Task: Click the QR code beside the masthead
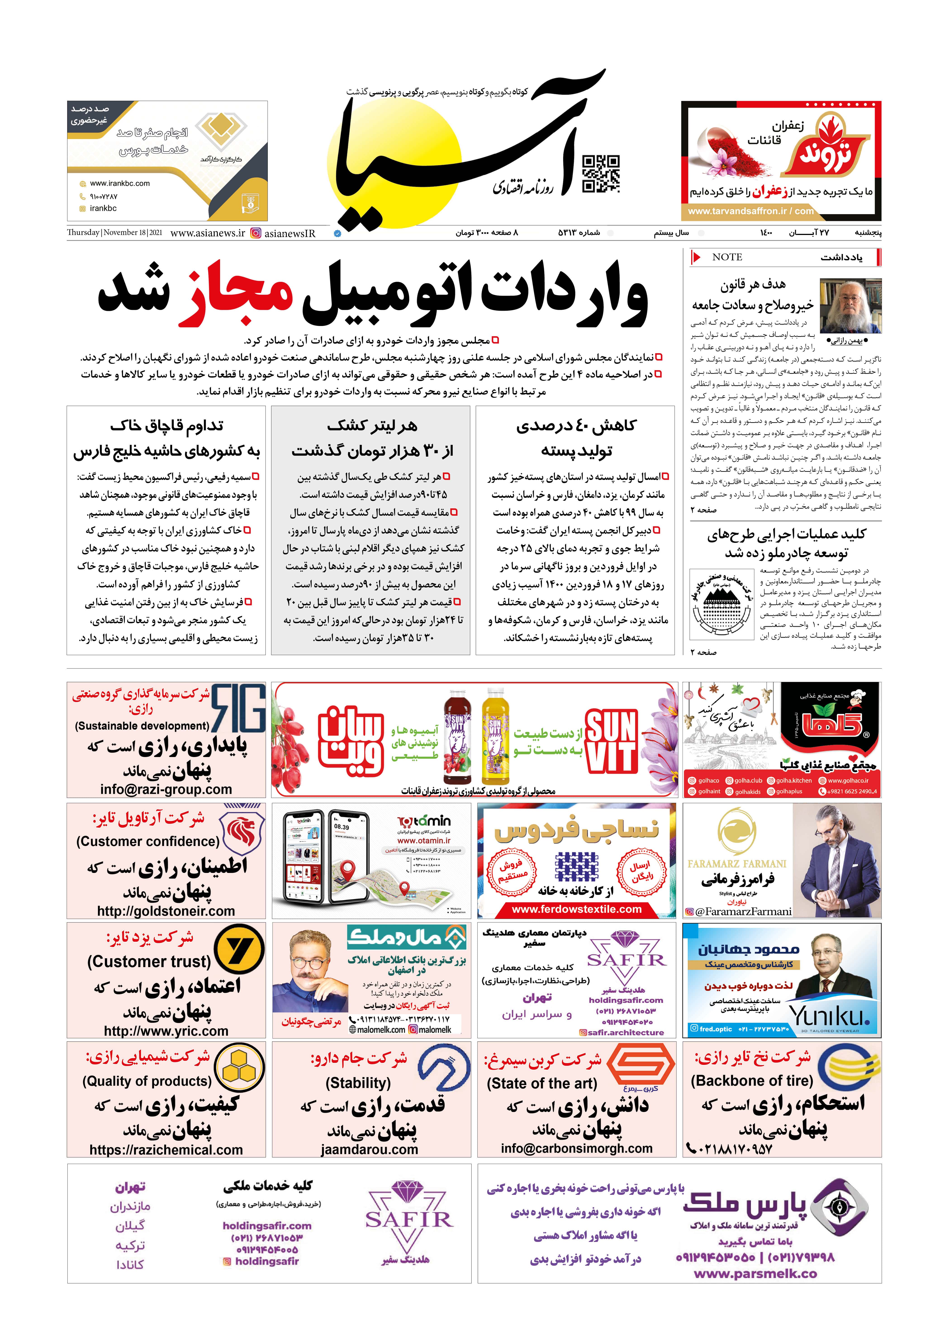(601, 174)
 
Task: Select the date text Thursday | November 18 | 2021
(115, 232)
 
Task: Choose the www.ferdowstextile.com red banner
(576, 909)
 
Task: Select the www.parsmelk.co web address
(755, 1274)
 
